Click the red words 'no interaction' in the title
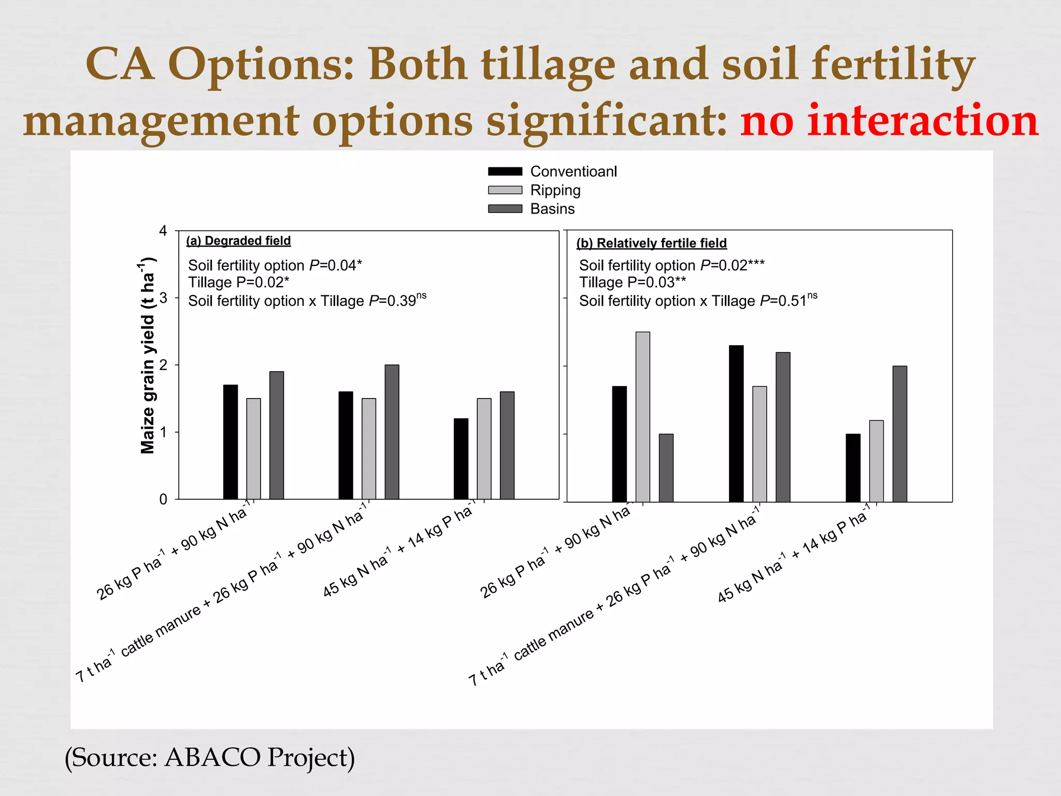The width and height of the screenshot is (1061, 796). point(889,121)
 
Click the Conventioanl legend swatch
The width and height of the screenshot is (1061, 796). point(505,172)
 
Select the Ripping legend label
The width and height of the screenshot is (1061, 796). point(555,190)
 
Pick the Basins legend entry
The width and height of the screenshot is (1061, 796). point(552,209)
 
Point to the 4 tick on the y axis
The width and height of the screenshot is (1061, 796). point(164,231)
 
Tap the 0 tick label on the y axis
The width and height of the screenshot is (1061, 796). point(164,500)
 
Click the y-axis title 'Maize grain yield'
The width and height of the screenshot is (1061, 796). point(148,356)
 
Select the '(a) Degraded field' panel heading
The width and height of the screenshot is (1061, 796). point(238,241)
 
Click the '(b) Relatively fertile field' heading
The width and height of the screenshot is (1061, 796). point(651,243)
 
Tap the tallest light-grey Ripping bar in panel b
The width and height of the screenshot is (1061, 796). point(642,417)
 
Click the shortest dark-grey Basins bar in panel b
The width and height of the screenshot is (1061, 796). point(666,468)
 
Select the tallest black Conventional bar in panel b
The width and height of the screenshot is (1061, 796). point(736,423)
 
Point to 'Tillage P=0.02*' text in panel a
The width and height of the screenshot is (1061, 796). point(238,282)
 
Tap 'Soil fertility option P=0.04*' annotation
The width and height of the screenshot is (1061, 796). point(275,265)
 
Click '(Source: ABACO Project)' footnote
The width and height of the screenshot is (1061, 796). point(210,758)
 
